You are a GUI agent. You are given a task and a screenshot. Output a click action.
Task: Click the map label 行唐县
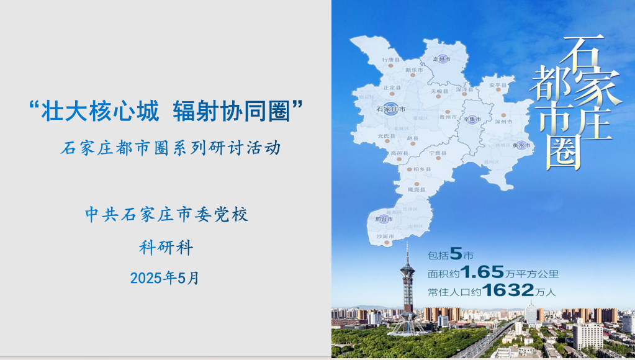(x=389, y=60)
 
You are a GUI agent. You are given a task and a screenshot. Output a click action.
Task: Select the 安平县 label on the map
(x=498, y=85)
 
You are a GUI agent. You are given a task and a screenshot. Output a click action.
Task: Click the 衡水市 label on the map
(x=521, y=145)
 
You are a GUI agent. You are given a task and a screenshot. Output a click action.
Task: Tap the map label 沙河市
(x=384, y=236)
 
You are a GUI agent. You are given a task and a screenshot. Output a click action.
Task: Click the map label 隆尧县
(x=416, y=189)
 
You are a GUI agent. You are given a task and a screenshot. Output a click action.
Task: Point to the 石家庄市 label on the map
(x=391, y=109)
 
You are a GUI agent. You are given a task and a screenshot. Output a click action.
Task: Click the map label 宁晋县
(x=438, y=153)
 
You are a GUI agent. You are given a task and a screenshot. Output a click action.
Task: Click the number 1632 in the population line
(x=508, y=290)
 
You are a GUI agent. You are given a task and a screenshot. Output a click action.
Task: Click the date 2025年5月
(x=164, y=278)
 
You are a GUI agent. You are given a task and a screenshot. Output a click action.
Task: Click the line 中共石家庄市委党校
(x=166, y=215)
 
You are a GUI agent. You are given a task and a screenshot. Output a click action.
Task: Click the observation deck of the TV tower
(x=407, y=271)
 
